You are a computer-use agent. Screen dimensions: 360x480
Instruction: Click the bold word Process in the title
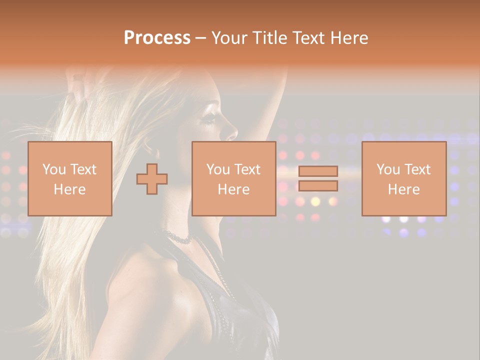157,38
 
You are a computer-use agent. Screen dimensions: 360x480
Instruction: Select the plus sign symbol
152,178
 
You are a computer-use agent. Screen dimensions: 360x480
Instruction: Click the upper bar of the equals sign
318,171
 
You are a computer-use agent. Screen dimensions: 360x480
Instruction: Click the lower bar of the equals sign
318,186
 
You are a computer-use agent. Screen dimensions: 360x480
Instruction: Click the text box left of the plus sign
70,178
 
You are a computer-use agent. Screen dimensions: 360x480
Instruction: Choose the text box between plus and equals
233,178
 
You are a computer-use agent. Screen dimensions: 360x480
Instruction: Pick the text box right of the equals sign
403,178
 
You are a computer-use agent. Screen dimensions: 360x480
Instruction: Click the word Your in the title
229,38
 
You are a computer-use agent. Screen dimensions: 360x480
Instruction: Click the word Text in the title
307,38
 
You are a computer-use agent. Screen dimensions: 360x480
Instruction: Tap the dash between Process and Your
200,38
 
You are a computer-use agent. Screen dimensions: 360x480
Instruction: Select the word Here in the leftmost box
70,189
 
